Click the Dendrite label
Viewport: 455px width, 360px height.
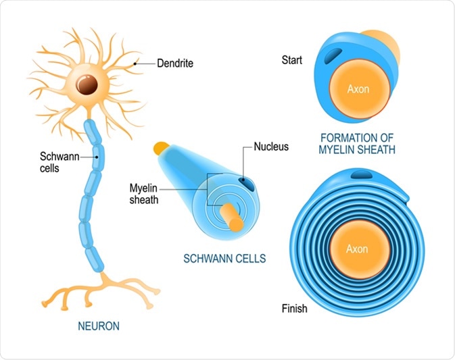click(x=175, y=63)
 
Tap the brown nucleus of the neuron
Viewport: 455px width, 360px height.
click(x=86, y=85)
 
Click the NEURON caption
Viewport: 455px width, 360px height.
click(x=99, y=326)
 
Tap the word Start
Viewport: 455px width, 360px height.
click(x=293, y=60)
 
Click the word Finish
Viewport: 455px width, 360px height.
click(x=294, y=309)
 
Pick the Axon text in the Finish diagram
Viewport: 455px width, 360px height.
click(x=356, y=249)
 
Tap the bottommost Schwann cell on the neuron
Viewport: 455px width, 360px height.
click(x=95, y=255)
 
